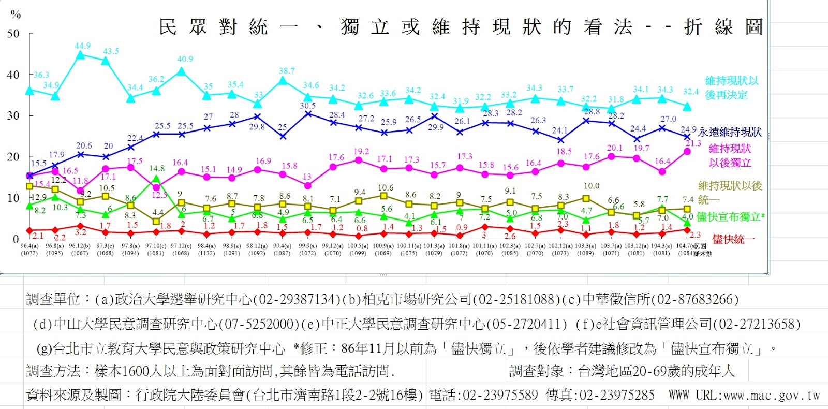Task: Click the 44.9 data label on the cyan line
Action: (x=82, y=46)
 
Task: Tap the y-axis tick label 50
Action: (x=13, y=34)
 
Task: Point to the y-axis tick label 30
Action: (x=13, y=115)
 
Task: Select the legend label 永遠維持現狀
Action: (x=730, y=132)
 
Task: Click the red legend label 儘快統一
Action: (x=733, y=239)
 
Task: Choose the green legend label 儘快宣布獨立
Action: (x=730, y=217)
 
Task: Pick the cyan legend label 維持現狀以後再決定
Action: (x=731, y=87)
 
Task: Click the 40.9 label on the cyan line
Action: (x=185, y=59)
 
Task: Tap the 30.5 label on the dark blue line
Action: (x=307, y=106)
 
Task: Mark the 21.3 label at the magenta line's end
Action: (x=693, y=143)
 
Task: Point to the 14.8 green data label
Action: (x=157, y=168)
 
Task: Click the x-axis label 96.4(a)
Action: (x=29, y=246)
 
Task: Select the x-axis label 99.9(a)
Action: (x=307, y=246)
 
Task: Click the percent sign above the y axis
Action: (x=16, y=14)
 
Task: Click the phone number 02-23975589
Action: (x=500, y=396)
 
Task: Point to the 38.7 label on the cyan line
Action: (x=287, y=71)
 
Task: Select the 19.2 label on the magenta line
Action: (x=361, y=152)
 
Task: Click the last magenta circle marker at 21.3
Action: (x=687, y=152)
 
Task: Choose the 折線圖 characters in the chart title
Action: (x=723, y=27)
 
